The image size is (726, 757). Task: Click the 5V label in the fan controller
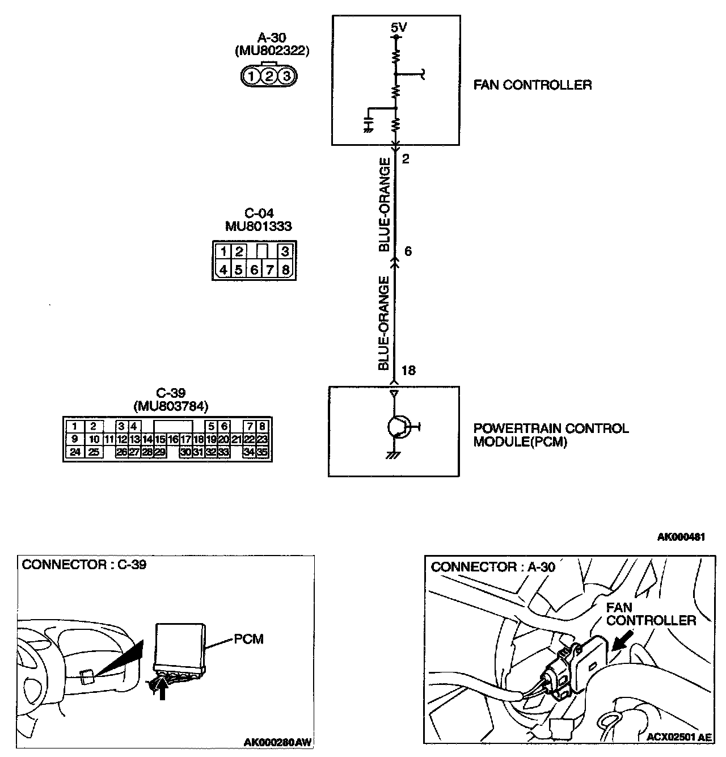[x=399, y=27]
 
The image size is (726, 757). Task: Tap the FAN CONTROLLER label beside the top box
[x=533, y=85]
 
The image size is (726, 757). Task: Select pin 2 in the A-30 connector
[x=271, y=75]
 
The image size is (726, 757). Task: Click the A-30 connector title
[x=272, y=38]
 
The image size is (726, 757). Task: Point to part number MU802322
[x=272, y=51]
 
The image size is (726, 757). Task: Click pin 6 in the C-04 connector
[x=254, y=270]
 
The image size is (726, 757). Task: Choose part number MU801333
[x=258, y=226]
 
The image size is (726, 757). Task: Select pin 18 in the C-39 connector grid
[x=199, y=439]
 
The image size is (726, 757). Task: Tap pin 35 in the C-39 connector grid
[x=262, y=452]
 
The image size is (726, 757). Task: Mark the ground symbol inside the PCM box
[x=391, y=455]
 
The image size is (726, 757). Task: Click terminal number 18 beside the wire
[x=408, y=371]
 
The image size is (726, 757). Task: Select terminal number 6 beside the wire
[x=408, y=251]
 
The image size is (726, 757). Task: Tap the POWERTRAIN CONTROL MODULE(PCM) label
[x=551, y=435]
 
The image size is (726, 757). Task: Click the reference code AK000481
[x=681, y=537]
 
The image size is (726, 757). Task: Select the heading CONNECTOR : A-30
[x=493, y=567]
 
